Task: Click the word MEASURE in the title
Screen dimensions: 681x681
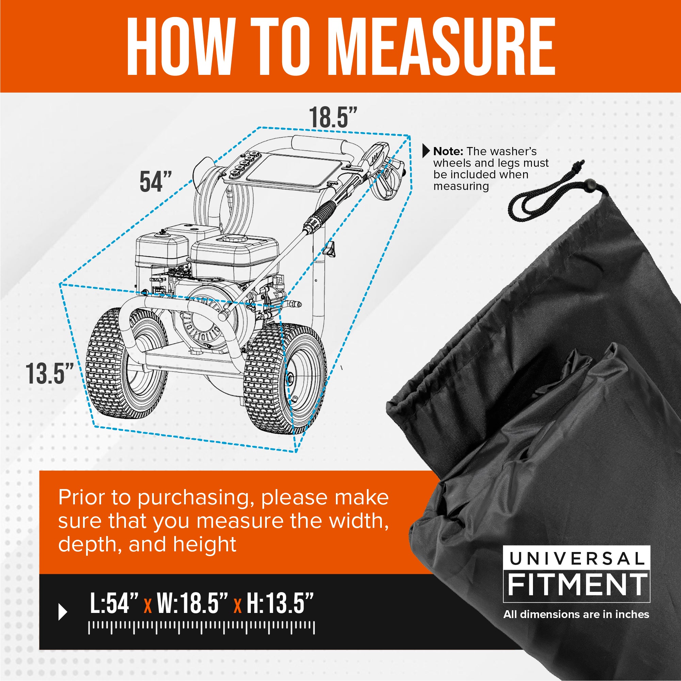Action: tap(442, 46)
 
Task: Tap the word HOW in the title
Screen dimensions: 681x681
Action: tap(180, 46)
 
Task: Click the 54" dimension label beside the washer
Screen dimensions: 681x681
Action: tap(156, 181)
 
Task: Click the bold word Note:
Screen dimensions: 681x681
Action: tap(448, 151)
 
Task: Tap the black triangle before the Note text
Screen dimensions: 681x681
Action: tap(426, 151)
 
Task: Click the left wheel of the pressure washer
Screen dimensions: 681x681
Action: tap(126, 363)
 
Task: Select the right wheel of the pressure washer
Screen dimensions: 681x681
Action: tap(285, 379)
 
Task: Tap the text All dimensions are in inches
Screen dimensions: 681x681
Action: tap(576, 614)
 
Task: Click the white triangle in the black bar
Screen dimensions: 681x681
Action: tap(62, 612)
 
